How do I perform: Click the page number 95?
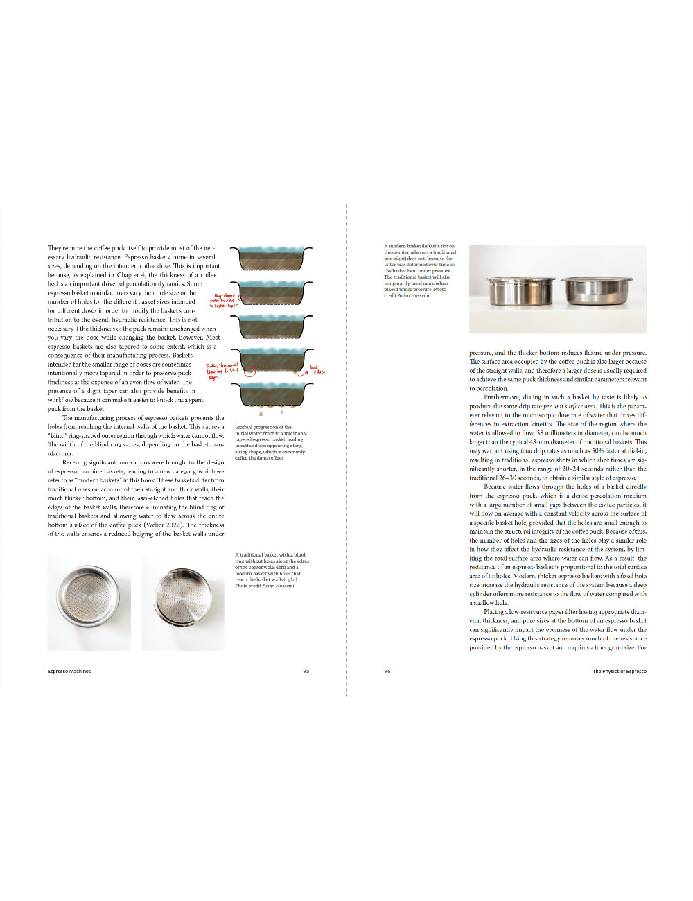pos(306,671)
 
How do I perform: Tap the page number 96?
pos(387,671)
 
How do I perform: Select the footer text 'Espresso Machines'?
pos(69,671)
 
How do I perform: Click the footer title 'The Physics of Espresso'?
pos(619,671)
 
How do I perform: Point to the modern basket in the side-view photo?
pos(520,292)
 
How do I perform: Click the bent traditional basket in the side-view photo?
pos(597,291)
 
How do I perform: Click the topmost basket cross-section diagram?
pos(271,259)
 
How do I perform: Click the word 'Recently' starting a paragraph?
pos(74,462)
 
